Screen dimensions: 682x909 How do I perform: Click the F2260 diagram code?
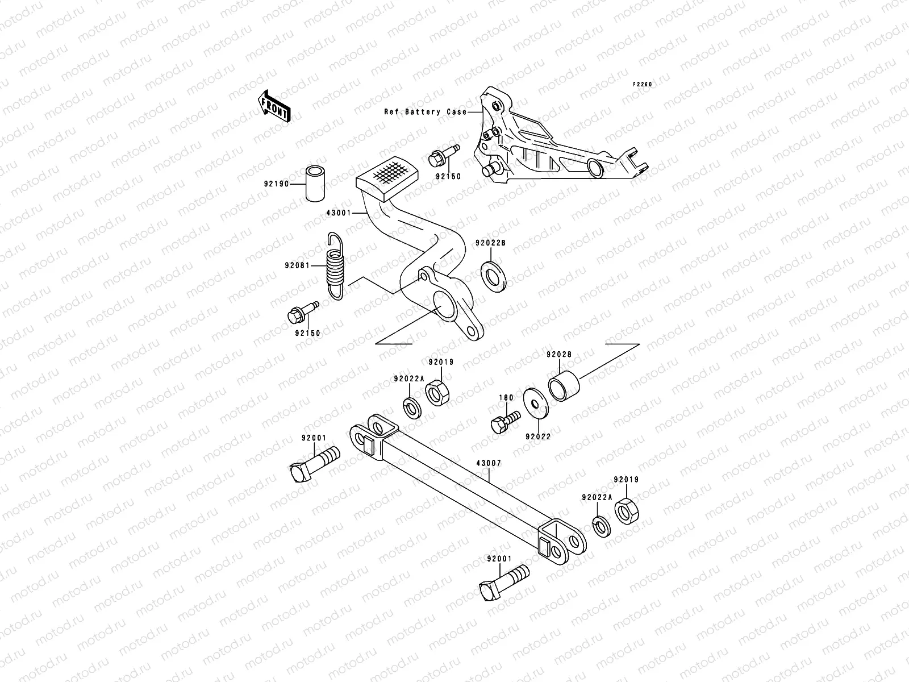point(643,84)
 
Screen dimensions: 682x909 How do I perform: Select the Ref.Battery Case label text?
point(425,112)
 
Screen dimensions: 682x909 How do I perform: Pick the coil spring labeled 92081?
point(335,266)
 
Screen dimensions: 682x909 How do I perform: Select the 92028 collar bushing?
point(564,386)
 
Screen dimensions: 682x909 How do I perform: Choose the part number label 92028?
point(559,355)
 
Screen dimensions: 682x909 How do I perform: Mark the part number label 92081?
point(297,265)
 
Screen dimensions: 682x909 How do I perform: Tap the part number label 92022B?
point(490,243)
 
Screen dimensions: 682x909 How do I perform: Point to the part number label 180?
point(506,398)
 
